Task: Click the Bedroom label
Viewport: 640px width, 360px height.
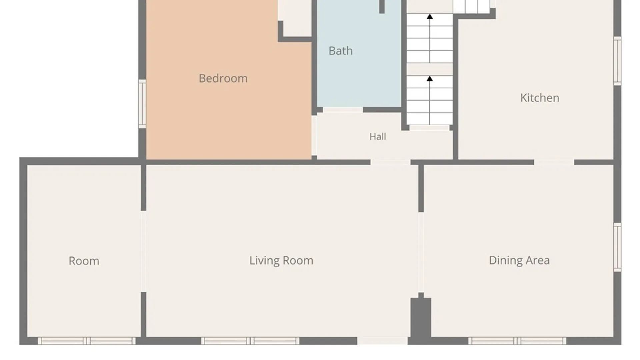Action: pos(223,78)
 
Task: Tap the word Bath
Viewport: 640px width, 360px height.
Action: pos(340,51)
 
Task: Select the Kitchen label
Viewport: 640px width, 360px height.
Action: pos(540,98)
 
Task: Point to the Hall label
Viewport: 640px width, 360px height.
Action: pos(378,136)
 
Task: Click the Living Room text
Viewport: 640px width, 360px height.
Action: pos(281,260)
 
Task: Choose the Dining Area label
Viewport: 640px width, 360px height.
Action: pos(519,260)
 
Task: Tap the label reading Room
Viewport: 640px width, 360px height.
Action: pos(84,261)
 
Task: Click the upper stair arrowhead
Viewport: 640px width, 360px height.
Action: pos(430,16)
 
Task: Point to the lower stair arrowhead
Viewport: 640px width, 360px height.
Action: pos(430,78)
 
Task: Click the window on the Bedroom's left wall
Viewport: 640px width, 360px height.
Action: pos(142,104)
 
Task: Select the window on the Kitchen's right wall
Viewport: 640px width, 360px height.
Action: pos(617,61)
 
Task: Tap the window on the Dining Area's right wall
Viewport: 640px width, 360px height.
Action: pos(617,247)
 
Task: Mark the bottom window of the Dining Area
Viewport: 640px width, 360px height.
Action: pos(517,341)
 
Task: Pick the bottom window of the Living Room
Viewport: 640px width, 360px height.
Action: pos(250,341)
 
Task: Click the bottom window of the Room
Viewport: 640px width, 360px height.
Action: pos(87,341)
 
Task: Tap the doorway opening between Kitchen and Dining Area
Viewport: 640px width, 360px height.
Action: pos(554,162)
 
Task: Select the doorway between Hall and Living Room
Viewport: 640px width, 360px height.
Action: pos(390,162)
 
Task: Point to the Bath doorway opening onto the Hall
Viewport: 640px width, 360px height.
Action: pos(343,110)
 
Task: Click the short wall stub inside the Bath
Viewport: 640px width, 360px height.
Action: pos(382,7)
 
